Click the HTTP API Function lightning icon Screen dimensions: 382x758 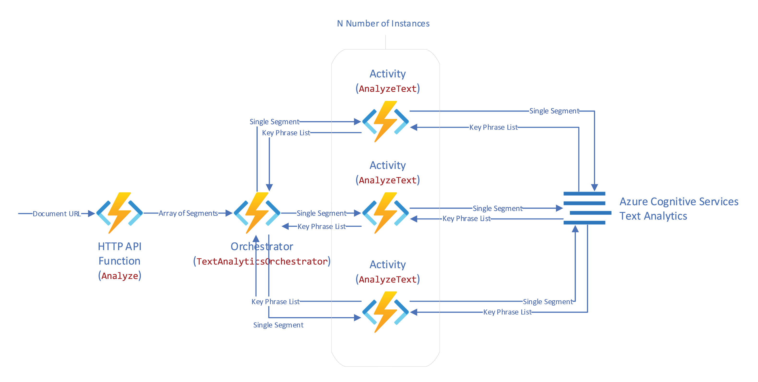tap(119, 213)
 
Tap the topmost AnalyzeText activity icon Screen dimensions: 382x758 tap(385, 122)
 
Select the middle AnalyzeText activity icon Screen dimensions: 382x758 tap(385, 213)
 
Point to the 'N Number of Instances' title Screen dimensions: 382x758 tap(383, 24)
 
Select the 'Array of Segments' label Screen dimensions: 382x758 tap(188, 213)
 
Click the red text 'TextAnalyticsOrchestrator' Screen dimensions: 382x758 tap(262, 261)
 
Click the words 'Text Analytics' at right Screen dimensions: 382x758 tap(653, 216)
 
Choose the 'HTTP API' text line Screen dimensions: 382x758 tap(119, 246)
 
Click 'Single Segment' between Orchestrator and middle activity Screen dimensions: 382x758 tap(321, 213)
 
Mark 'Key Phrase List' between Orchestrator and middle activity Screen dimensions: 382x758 tap(321, 227)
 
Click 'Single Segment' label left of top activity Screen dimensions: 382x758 tap(274, 122)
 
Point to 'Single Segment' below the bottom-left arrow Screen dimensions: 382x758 tap(278, 325)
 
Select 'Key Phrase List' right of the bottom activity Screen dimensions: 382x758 tap(507, 312)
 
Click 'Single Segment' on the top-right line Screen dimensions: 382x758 tap(554, 111)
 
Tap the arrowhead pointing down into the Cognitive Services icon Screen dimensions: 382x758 tap(594, 188)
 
